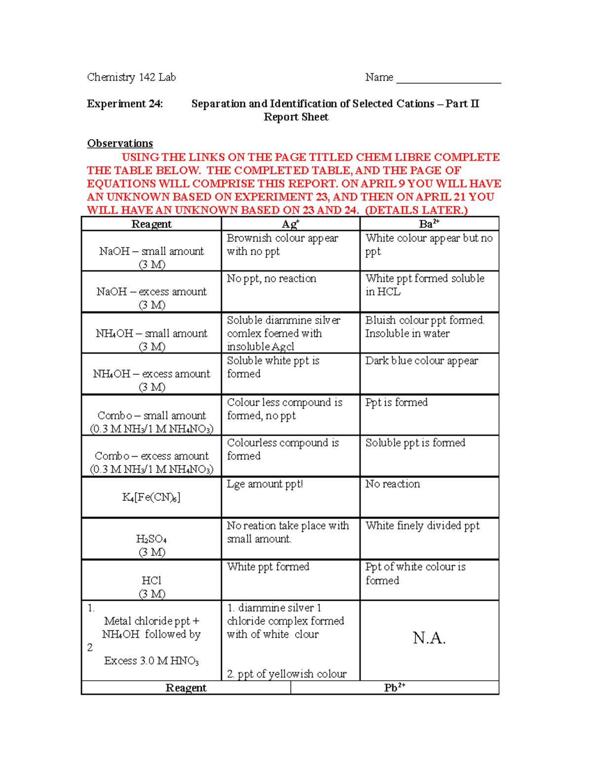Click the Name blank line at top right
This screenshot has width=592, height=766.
coord(448,79)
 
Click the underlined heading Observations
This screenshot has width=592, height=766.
coord(120,144)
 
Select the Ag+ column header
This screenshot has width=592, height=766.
coord(291,224)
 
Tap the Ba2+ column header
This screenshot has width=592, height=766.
coord(429,224)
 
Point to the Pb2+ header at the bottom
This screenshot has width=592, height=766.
coord(395,688)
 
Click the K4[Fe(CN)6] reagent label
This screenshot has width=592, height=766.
coord(151,497)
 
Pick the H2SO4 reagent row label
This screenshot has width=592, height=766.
coord(151,539)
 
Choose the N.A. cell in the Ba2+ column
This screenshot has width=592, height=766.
coord(429,638)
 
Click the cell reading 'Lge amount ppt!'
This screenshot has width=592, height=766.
coord(265,484)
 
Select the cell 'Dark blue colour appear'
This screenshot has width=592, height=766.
coord(422,361)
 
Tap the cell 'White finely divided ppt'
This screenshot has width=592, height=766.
coord(422,526)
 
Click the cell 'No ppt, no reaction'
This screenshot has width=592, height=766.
coord(271,279)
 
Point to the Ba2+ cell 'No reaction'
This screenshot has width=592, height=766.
coord(393,484)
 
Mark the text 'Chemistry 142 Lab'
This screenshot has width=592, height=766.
coord(131,77)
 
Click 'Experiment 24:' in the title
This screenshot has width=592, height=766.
coord(125,104)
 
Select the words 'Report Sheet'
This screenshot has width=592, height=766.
coord(296,117)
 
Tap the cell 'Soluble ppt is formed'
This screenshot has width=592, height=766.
coord(415,443)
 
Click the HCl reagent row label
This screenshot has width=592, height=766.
coord(151,581)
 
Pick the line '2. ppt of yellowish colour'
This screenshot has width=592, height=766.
coord(287,674)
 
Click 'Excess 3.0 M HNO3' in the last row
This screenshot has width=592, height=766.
coord(151,661)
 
